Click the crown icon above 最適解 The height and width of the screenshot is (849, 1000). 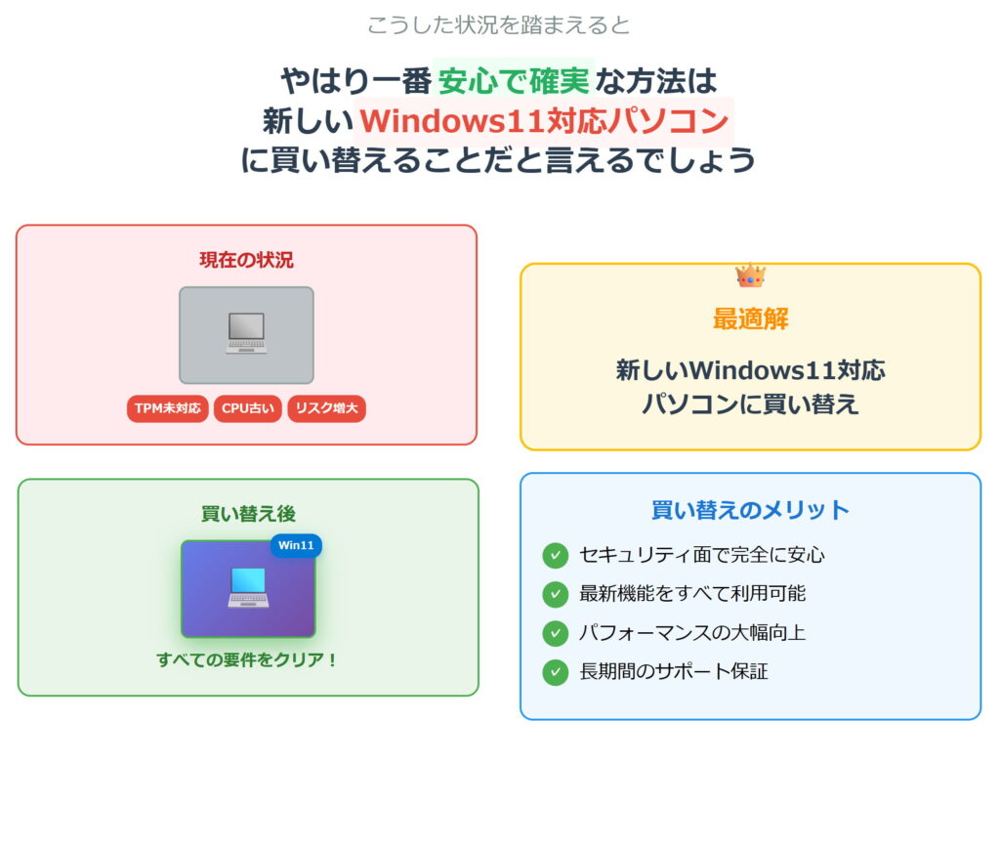click(750, 276)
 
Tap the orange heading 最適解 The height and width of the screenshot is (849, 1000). click(750, 318)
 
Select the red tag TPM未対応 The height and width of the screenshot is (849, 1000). click(167, 408)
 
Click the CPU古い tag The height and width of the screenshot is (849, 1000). click(248, 408)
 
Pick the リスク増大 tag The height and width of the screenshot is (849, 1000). click(326, 408)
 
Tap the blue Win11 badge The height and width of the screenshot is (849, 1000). click(296, 545)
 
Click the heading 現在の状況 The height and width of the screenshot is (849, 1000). click(246, 260)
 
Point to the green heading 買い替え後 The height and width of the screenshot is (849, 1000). click(248, 514)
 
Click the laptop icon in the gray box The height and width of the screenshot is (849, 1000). click(246, 334)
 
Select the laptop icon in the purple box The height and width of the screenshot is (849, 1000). click(248, 588)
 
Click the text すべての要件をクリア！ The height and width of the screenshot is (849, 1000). click(248, 660)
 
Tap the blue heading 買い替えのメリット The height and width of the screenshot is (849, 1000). click(750, 510)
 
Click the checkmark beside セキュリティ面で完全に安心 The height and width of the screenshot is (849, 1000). click(555, 555)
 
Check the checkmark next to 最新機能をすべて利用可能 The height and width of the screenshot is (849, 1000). click(555, 594)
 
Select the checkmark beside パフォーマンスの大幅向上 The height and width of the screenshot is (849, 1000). click(555, 633)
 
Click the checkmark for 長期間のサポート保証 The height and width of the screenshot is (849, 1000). click(555, 672)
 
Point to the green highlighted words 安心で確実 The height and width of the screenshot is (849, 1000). click(515, 78)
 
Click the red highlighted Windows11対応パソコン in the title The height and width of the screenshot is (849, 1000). click(544, 120)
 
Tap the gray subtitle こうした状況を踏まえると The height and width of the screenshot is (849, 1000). click(499, 24)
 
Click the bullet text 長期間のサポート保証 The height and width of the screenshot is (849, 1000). click(674, 672)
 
